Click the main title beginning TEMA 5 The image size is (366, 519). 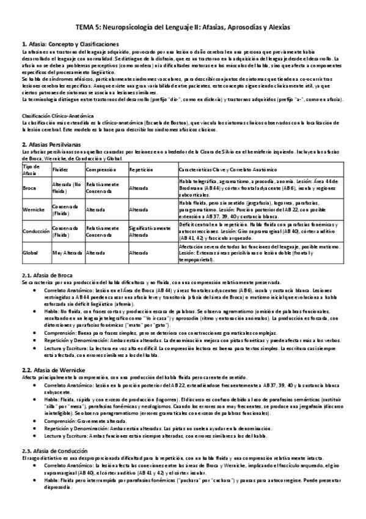183,28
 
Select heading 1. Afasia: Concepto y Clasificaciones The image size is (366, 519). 70,45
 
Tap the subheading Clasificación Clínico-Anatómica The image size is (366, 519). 57,116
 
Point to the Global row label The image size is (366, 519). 30,252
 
